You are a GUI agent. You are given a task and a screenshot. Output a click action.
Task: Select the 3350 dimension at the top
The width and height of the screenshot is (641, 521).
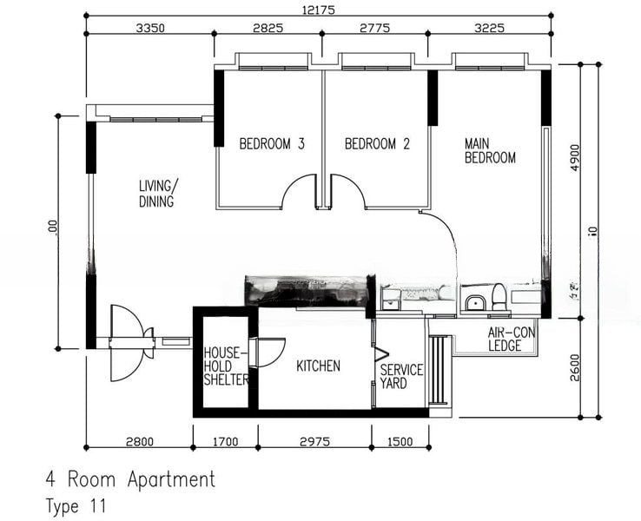tap(150, 28)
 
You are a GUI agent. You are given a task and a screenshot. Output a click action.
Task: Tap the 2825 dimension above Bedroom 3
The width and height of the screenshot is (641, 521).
tap(268, 28)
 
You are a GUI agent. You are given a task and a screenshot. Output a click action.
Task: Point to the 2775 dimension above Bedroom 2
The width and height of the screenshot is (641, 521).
tap(374, 28)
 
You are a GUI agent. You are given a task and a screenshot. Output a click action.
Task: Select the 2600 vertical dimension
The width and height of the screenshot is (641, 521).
tap(574, 367)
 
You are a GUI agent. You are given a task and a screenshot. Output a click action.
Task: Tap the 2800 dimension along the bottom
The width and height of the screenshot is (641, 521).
tap(139, 441)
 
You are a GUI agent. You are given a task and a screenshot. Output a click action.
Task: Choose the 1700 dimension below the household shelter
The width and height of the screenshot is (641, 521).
tap(225, 441)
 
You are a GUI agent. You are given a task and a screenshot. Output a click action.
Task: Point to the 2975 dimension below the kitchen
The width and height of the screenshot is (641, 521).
tap(314, 441)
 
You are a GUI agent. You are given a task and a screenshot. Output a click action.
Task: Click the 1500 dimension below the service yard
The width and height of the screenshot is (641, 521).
tap(400, 441)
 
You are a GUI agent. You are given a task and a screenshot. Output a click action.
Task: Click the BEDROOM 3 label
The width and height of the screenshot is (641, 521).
tap(271, 144)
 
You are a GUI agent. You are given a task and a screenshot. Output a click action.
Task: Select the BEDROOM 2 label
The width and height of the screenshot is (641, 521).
tap(377, 144)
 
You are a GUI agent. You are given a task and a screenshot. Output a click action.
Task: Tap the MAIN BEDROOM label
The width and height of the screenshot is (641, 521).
tap(490, 151)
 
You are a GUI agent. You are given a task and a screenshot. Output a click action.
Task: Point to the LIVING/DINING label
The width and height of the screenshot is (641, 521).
tap(157, 194)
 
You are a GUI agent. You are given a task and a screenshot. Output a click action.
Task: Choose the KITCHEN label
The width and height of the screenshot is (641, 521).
tap(319, 366)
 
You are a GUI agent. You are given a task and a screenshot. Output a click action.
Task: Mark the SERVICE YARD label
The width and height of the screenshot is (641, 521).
tap(401, 376)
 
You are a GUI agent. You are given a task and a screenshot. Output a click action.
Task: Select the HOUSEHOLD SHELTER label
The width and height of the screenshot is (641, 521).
tap(226, 366)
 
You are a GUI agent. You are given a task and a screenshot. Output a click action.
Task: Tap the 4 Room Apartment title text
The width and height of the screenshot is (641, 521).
tap(130, 479)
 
